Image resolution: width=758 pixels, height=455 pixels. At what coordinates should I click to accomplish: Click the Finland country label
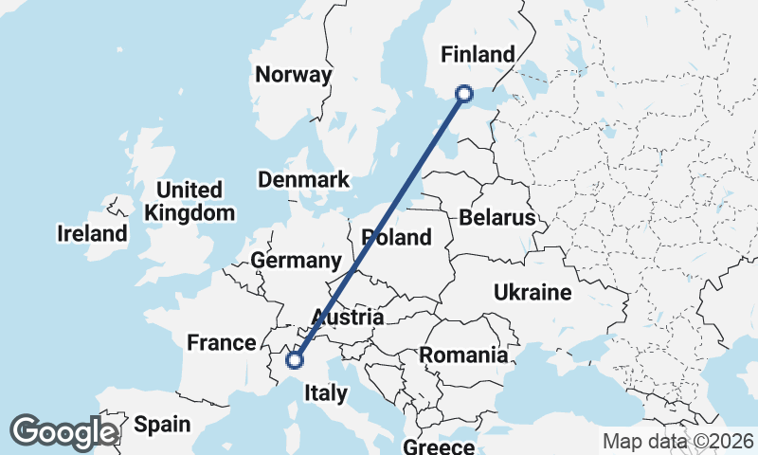point(478,54)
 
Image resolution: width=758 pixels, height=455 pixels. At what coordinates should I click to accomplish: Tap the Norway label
point(294,75)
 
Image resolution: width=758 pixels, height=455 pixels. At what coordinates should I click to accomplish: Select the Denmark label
point(303,179)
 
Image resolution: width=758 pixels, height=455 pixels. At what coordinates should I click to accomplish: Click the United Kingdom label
point(189,201)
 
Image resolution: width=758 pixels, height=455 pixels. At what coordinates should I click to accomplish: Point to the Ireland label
point(92,233)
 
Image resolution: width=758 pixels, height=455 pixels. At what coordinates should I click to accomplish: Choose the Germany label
point(296,261)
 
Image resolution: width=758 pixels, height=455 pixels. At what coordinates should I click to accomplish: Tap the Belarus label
point(496,218)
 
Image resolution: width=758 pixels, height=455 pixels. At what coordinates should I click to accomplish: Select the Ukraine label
point(532,293)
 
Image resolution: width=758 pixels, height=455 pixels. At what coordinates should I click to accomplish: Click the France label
point(222,342)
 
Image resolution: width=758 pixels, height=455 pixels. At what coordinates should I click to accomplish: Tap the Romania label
point(463,355)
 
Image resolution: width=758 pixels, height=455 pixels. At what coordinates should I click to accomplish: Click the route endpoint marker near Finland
point(464,93)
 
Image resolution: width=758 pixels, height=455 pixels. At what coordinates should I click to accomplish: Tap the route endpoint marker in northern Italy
point(295,359)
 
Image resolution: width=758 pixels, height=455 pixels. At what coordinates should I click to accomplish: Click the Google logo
point(63,432)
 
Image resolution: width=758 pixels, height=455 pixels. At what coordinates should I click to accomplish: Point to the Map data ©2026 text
point(677,441)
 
